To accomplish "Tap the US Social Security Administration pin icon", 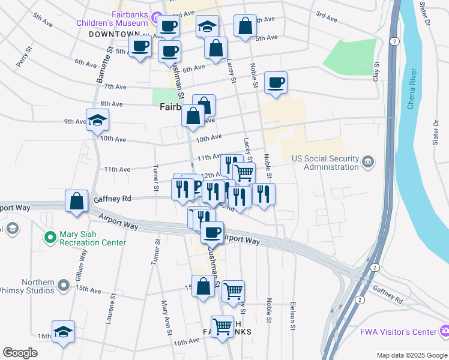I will (x=368, y=161).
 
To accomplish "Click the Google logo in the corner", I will (x=20, y=353).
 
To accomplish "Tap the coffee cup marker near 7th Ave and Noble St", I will (x=276, y=83).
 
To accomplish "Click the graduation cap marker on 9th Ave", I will (x=97, y=120).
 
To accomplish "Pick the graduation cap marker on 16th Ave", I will (x=63, y=332).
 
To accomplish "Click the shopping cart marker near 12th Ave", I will (x=244, y=173).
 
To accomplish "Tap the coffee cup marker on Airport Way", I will (x=212, y=232).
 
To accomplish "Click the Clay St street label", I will (x=376, y=71).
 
